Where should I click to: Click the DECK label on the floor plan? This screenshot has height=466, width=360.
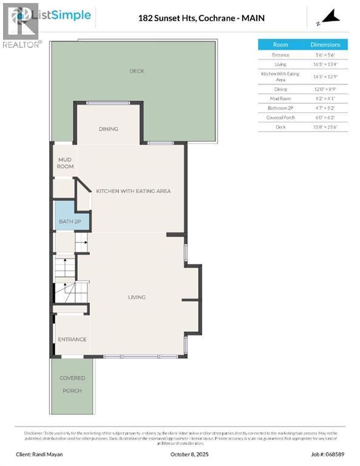[x=137, y=71]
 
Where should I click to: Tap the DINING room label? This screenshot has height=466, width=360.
[x=108, y=129]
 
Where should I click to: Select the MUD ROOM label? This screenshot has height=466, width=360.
[x=65, y=163]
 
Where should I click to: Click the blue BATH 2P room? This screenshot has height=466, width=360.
[x=70, y=221]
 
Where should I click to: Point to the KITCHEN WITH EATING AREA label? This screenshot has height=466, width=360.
[x=133, y=191]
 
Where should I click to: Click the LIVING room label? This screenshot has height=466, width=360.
[x=137, y=297]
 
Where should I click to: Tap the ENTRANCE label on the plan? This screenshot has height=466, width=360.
[x=72, y=339]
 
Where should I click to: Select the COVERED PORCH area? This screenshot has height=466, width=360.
[x=72, y=384]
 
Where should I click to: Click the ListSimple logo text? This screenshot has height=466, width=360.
[x=64, y=15]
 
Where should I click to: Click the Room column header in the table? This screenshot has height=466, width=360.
[x=280, y=45]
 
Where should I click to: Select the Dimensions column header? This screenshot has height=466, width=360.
[x=326, y=45]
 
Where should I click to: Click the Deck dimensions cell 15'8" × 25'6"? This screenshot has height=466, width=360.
[x=326, y=127]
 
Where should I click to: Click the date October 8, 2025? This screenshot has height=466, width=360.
[x=180, y=454]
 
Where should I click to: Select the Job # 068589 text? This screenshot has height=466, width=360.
[x=331, y=454]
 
